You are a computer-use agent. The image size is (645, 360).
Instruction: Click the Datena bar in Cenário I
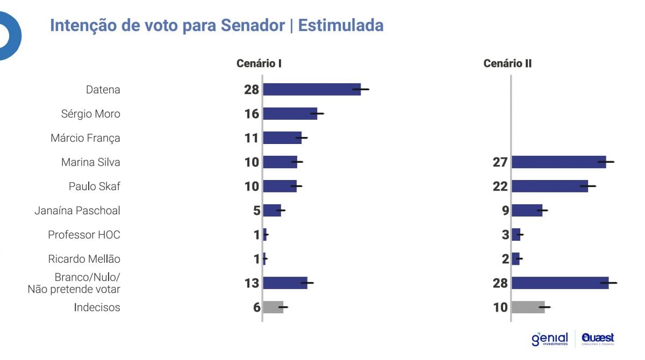pyautogui.click(x=312, y=89)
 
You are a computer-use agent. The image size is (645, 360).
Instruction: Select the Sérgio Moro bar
pyautogui.click(x=290, y=113)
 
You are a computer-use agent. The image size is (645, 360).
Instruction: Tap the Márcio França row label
pyautogui.click(x=85, y=138)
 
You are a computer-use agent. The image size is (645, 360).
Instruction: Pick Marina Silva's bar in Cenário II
pyautogui.click(x=558, y=162)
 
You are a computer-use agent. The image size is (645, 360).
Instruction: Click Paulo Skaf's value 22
pyautogui.click(x=500, y=186)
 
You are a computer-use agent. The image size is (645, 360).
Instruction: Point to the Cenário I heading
pyautogui.click(x=259, y=63)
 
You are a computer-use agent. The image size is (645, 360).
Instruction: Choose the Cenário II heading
pyautogui.click(x=507, y=63)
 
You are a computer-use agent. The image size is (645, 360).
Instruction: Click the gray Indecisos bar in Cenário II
pyautogui.click(x=528, y=307)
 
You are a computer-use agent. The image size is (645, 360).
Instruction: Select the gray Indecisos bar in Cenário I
pyautogui.click(x=273, y=307)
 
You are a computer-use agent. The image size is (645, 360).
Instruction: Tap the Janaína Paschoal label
pyautogui.click(x=77, y=211)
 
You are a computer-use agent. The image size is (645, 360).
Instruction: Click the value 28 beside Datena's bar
pyautogui.click(x=252, y=90)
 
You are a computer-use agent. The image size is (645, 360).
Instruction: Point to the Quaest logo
pyautogui.click(x=598, y=339)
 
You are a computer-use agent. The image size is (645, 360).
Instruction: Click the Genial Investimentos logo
pyautogui.click(x=549, y=339)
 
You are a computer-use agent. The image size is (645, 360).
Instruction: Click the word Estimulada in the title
pyautogui.click(x=341, y=25)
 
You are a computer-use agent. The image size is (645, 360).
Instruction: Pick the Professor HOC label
pyautogui.click(x=84, y=235)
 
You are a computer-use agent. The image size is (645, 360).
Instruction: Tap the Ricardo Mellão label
pyautogui.click(x=84, y=259)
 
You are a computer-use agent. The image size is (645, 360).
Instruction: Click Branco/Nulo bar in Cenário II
pyautogui.click(x=560, y=283)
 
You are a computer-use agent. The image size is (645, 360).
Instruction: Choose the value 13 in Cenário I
pyautogui.click(x=252, y=283)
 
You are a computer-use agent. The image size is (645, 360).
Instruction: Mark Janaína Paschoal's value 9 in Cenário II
pyautogui.click(x=505, y=211)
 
